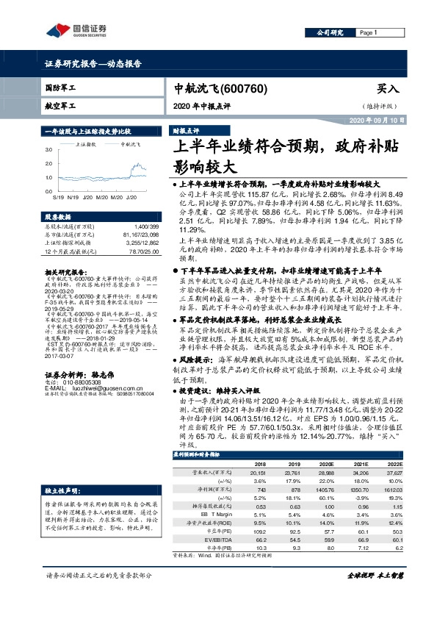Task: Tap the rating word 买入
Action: coord(387,88)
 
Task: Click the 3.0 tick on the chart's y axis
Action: coord(48,149)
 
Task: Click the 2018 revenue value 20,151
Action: coord(260,474)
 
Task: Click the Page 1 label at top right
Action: coord(369,33)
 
